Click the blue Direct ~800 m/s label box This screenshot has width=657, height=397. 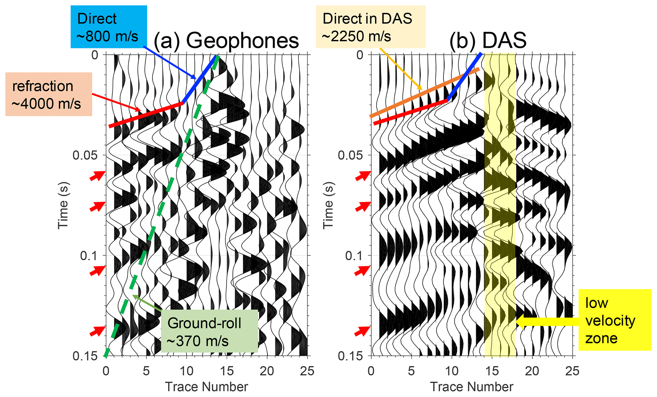coord(108,27)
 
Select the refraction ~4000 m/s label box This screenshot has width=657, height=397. coord(49,94)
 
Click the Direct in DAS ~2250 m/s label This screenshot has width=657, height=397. coord(370,27)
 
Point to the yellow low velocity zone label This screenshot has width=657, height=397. coord(614,320)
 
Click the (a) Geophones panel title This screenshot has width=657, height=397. coord(226,41)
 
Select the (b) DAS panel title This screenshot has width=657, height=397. coord(488,41)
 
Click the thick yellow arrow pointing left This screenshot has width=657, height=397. coord(547,321)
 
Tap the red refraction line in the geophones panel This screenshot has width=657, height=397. coord(146,115)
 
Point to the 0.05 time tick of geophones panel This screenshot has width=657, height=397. coord(86,155)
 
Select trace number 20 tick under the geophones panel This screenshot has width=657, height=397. coord(267,371)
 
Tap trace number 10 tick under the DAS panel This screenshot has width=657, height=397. coord(452,371)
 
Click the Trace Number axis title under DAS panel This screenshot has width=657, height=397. coord(471,387)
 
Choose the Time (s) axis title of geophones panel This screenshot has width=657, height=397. coord(63,206)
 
